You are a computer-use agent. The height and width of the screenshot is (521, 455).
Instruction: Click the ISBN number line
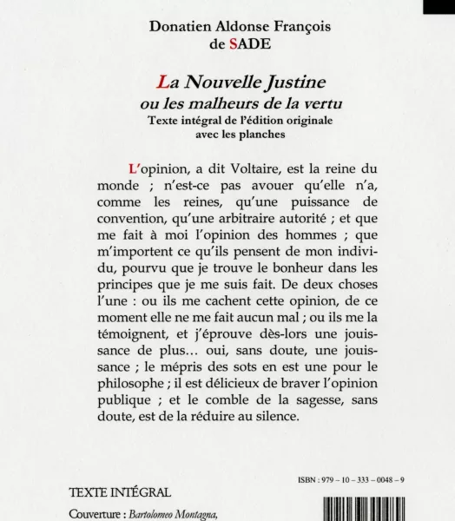(367, 478)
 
